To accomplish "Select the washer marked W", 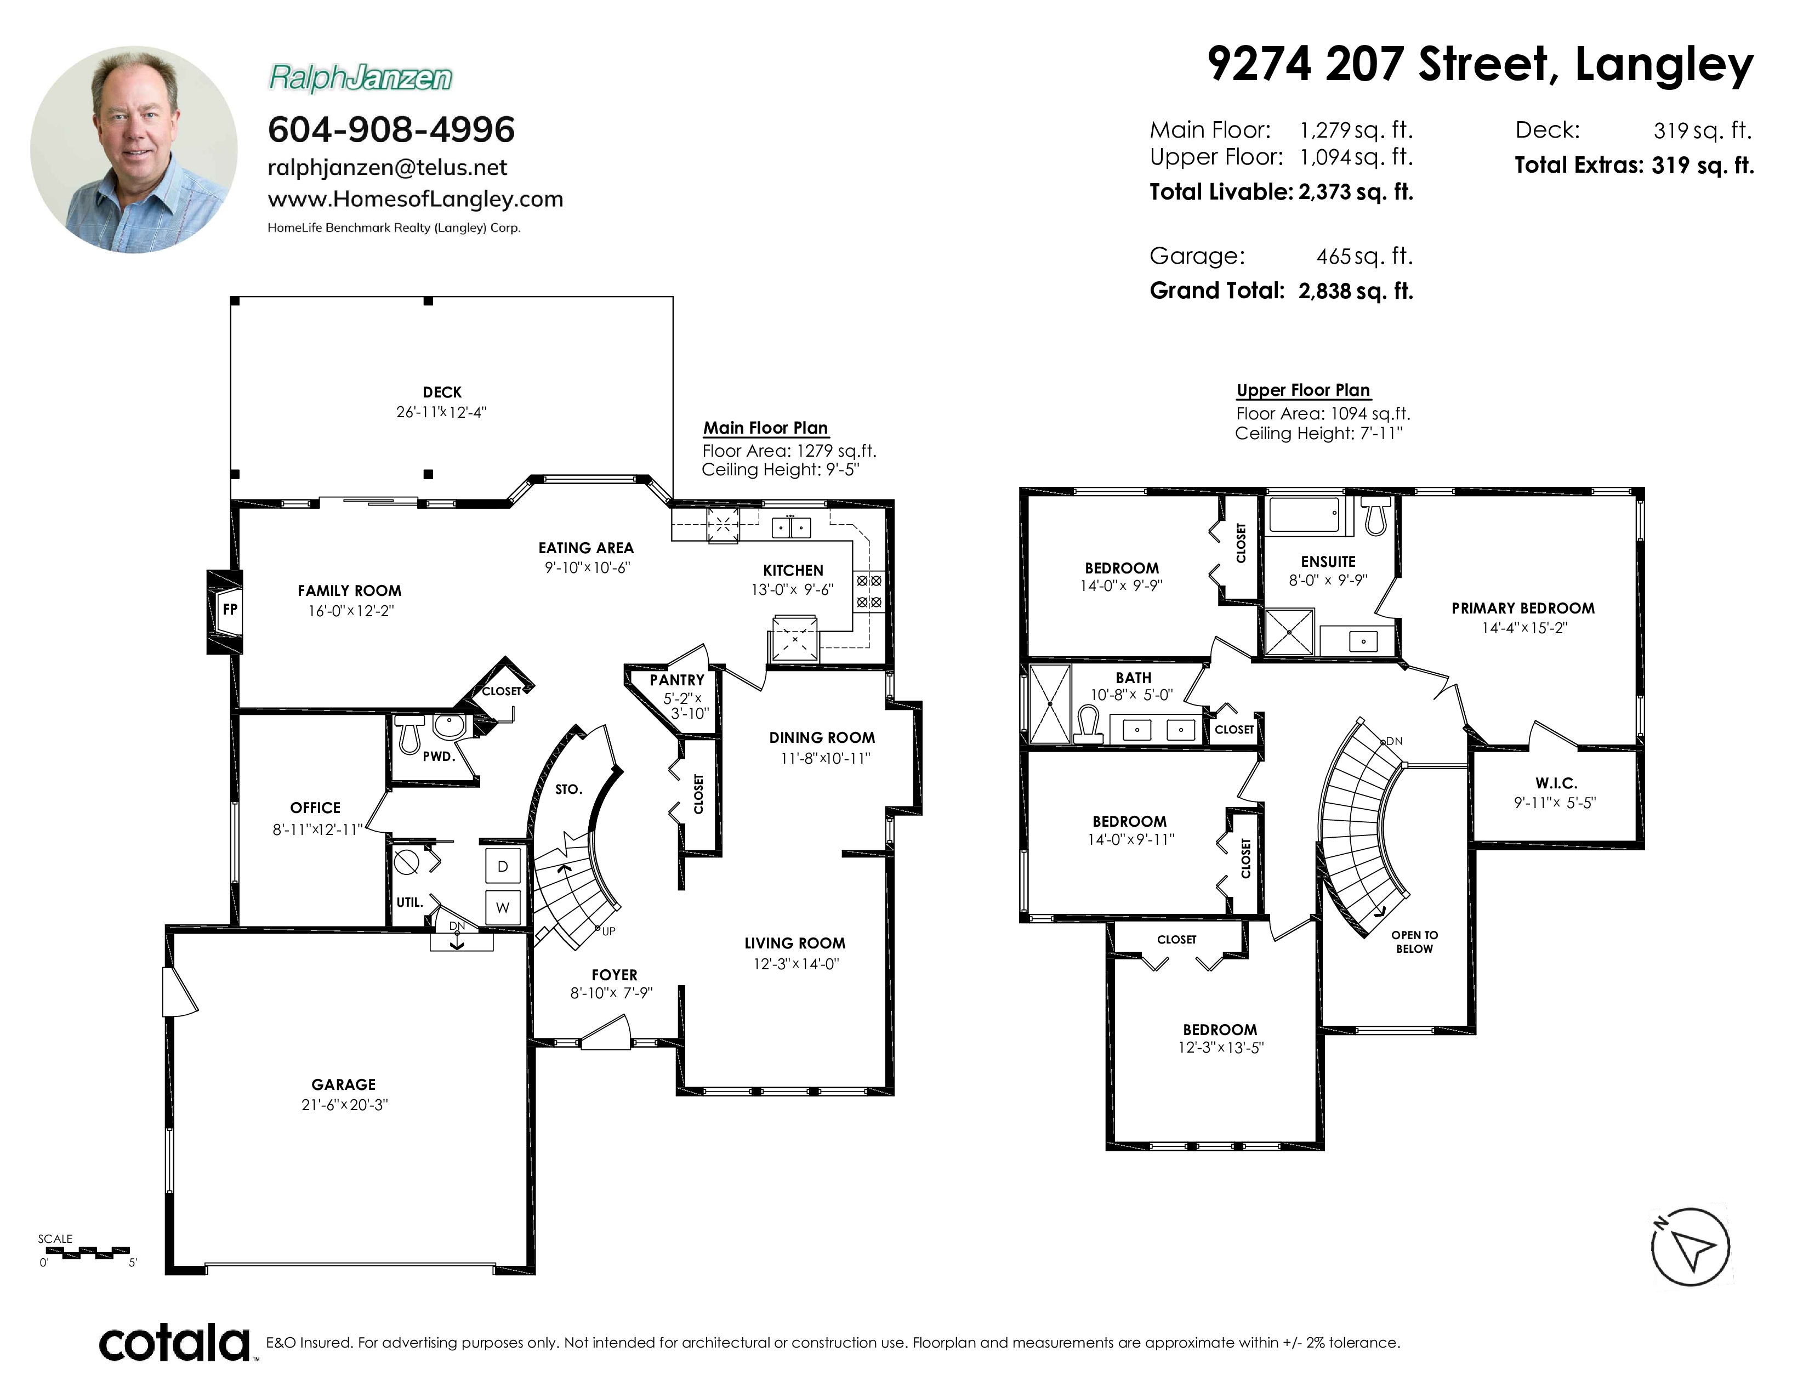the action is [503, 907].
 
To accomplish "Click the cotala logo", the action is [175, 1343].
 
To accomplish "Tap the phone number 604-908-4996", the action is [391, 129].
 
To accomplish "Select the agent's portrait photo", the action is [134, 149].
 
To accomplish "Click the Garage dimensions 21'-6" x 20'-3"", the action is [345, 1105].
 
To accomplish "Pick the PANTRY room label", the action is [676, 680].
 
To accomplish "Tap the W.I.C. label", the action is [1556, 783].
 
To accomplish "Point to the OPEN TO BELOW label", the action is [1415, 942].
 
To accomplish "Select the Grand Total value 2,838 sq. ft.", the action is [1356, 291].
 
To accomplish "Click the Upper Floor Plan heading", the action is [1303, 390].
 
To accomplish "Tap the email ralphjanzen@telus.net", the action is [388, 167].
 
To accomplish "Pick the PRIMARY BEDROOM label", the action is [1523, 608].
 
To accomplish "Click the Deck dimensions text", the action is [441, 412].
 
